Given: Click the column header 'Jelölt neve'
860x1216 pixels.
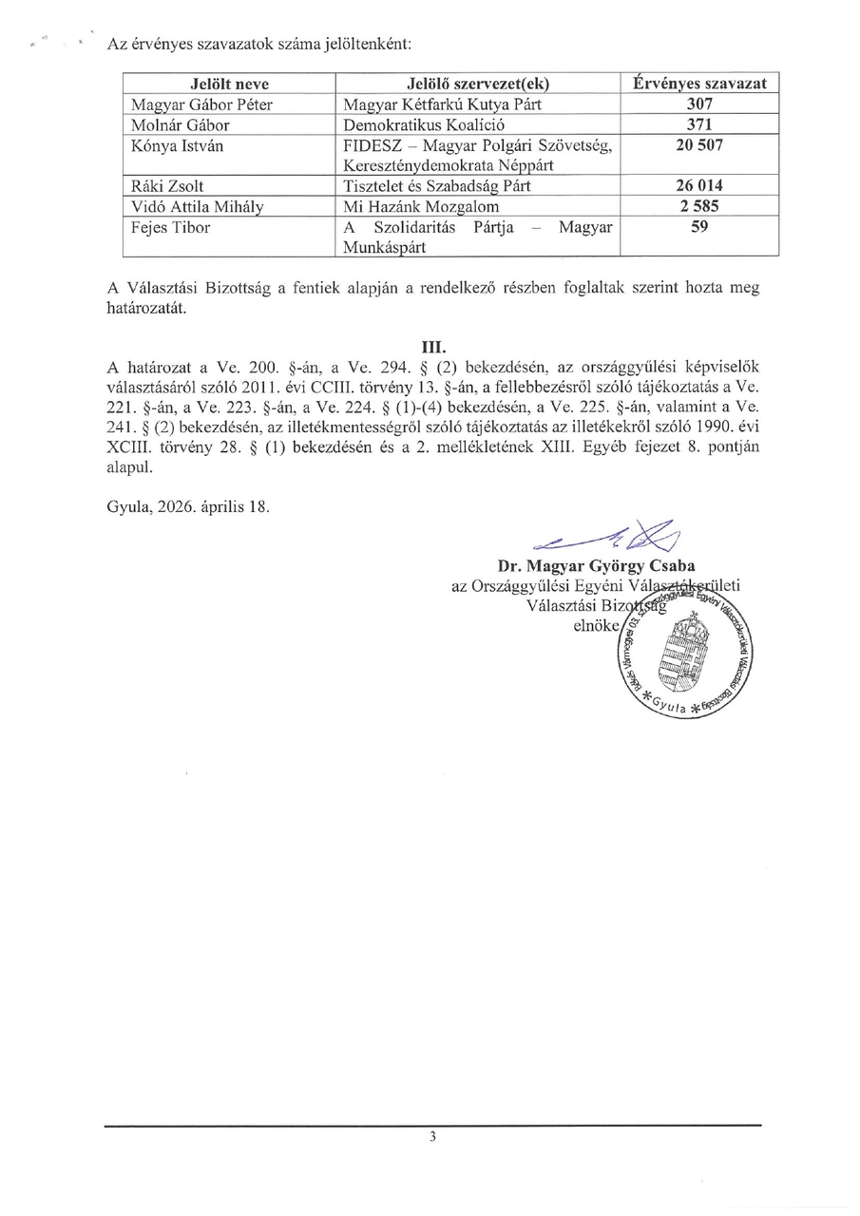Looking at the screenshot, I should (x=230, y=84).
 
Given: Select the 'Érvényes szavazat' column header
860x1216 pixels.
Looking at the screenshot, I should (x=699, y=84).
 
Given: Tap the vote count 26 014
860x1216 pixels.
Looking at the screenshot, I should (x=699, y=187).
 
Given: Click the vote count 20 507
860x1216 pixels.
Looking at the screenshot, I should (x=699, y=146).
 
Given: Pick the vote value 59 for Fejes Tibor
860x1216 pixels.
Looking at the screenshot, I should (x=699, y=228).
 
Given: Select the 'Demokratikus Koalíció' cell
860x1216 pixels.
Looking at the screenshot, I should (x=423, y=125).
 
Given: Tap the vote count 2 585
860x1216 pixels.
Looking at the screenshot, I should (x=699, y=207).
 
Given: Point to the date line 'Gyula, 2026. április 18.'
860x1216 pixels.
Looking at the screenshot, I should (x=188, y=506).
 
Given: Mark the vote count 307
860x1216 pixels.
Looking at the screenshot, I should (x=699, y=104).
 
